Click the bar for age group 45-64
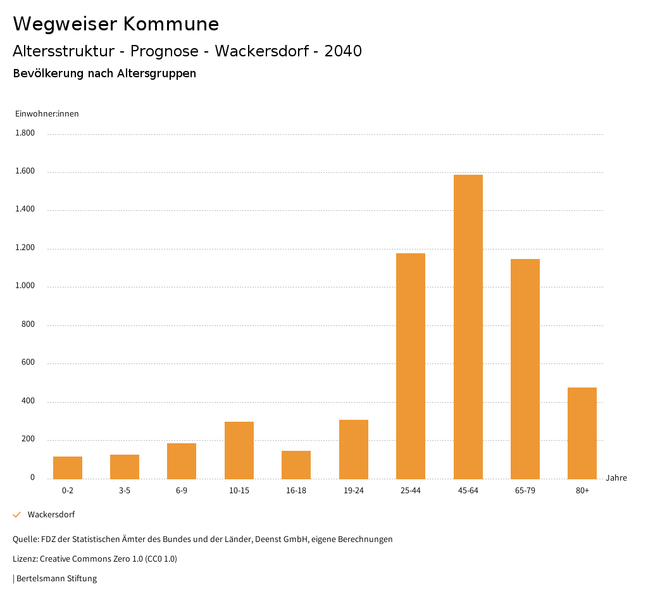pos(468,327)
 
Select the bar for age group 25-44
pos(411,366)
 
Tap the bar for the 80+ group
pos(582,433)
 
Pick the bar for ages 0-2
pos(68,467)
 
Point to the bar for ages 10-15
pos(239,450)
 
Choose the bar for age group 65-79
pos(525,369)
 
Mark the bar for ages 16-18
pos(296,465)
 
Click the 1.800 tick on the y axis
pos(25,133)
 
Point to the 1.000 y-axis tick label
pos(25,286)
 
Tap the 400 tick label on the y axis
pos(28,401)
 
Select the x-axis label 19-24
pos(354,491)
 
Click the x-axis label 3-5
pos(125,491)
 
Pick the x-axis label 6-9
pos(182,491)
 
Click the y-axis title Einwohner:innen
pos(47,114)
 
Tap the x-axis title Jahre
pos(616,478)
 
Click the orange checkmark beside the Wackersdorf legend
pos(17,515)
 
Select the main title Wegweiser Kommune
pos(116,24)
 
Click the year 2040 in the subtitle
pos(343,51)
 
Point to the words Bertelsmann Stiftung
pos(56,579)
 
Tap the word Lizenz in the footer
pos(25,559)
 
